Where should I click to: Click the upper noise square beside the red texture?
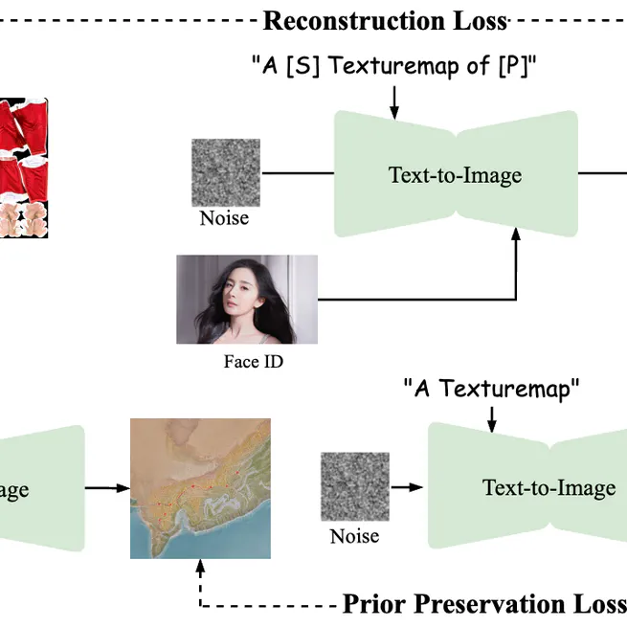[225, 172]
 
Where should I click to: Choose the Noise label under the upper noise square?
[224, 218]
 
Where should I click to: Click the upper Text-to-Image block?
[456, 174]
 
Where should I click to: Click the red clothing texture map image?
[24, 167]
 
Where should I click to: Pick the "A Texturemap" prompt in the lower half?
[492, 388]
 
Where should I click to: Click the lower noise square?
[354, 487]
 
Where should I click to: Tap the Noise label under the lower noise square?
[354, 536]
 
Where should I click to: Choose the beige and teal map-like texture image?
[200, 488]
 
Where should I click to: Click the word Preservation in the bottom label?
[495, 605]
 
